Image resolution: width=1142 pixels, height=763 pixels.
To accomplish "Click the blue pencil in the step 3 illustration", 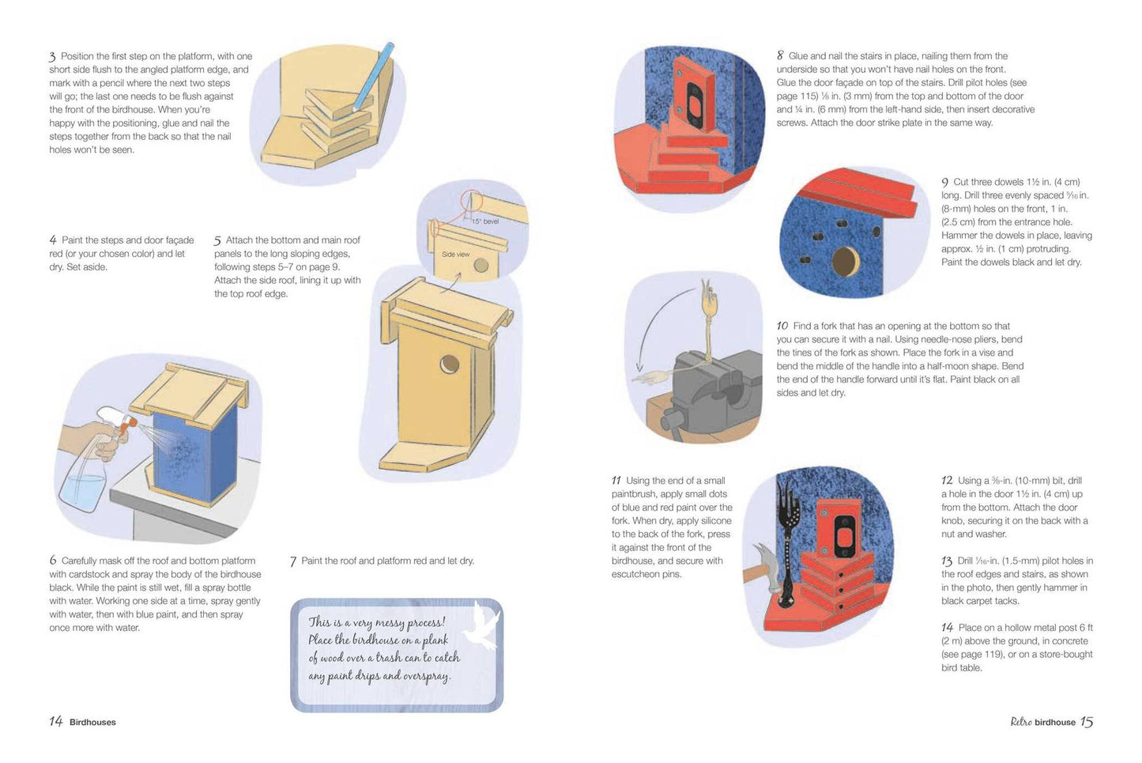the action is coord(374,77).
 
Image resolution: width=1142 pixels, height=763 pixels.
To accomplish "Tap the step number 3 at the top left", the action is coord(52,57).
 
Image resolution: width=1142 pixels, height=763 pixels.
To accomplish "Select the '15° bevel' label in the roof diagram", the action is coord(484,221).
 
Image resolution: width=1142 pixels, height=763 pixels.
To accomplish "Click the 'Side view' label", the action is coord(455,254).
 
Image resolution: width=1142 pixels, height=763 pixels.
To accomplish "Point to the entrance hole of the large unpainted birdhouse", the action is coord(450,365).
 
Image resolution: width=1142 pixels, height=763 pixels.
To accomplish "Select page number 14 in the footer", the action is coord(56,721).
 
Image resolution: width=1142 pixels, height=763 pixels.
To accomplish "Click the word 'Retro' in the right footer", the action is coord(1021,722).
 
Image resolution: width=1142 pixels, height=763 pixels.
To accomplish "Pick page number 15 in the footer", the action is coord(1087,721).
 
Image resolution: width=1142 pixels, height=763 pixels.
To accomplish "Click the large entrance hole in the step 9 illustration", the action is coord(846,260).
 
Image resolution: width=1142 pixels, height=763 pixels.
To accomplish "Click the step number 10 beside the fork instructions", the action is coord(782,326).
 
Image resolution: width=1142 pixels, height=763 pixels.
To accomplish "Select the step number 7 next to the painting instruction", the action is coord(293,561).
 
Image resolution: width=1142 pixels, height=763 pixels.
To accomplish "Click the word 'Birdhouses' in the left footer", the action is coord(92,722).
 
